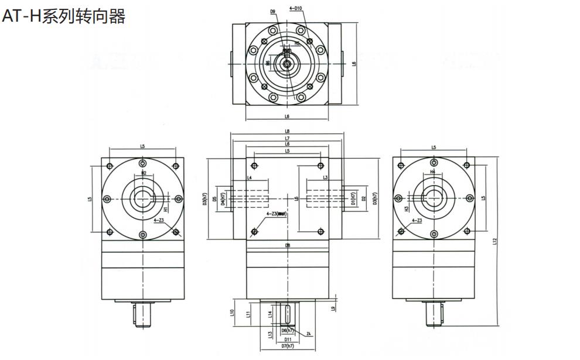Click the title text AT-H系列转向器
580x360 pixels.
pyautogui.click(x=63, y=16)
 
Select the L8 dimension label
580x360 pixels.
pyautogui.click(x=287, y=131)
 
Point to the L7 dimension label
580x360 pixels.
pyautogui.click(x=287, y=137)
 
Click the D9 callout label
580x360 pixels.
pyautogui.click(x=273, y=12)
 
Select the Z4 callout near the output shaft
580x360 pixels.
pyautogui.click(x=308, y=334)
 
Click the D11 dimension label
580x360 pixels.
pyautogui.click(x=288, y=340)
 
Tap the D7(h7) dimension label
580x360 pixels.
pyautogui.click(x=288, y=347)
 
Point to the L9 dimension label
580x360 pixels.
pyautogui.click(x=332, y=308)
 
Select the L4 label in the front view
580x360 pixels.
pyautogui.click(x=249, y=177)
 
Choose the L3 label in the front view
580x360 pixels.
pyautogui.click(x=325, y=177)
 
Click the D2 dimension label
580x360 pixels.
pyautogui.click(x=364, y=199)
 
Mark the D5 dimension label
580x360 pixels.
pyautogui.click(x=215, y=199)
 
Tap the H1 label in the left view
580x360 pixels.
pyautogui.click(x=166, y=209)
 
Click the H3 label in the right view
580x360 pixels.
pyautogui.click(x=406, y=208)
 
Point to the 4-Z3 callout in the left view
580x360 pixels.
pyautogui.click(x=158, y=221)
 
